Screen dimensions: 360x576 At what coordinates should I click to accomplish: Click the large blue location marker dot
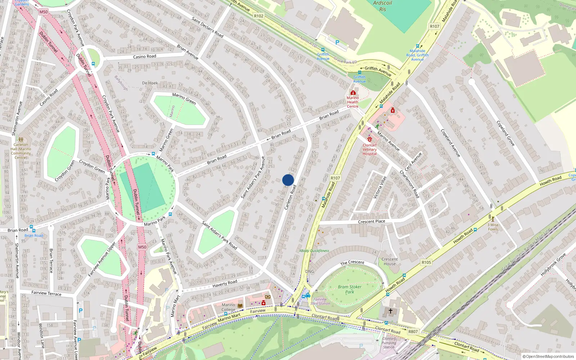tap(288, 180)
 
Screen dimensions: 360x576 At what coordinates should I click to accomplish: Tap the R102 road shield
tap(258, 16)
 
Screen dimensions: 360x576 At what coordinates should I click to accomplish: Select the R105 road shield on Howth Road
tap(426, 262)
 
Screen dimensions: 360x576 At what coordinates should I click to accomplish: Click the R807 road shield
tap(413, 332)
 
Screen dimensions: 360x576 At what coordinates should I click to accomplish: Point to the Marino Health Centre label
tap(352, 102)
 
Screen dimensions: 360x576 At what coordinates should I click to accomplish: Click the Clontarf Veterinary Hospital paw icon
tap(370, 139)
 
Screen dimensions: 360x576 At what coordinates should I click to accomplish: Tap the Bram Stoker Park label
tap(350, 289)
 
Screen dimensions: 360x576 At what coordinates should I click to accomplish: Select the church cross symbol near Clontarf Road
tap(390, 311)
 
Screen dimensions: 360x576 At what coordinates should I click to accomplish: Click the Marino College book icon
tap(240, 306)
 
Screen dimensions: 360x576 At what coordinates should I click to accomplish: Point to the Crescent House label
tap(390, 261)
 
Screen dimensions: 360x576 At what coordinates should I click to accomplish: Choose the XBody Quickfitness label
tap(314, 251)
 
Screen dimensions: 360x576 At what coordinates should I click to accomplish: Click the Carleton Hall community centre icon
tap(21, 139)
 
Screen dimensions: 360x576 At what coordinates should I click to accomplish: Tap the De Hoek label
tap(150, 83)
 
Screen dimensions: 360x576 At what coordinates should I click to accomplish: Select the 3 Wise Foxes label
tap(493, 227)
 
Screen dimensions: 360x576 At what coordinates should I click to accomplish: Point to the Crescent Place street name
tap(372, 222)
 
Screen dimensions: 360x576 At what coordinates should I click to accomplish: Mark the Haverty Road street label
tap(225, 283)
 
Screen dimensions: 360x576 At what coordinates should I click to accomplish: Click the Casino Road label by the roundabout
tap(145, 57)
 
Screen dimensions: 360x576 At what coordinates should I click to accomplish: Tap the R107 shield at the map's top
tap(435, 26)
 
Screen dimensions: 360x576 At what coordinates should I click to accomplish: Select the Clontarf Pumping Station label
tap(389, 343)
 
